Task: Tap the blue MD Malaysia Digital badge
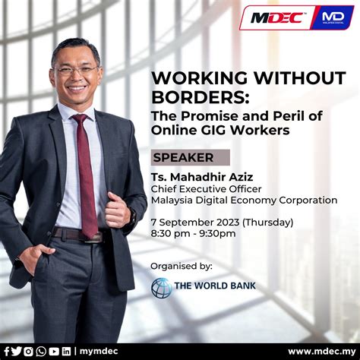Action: tap(332, 17)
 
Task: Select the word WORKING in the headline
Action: tap(190, 77)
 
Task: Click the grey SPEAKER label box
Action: tap(191, 158)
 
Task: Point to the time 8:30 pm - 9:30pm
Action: tap(194, 233)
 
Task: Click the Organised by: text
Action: tap(182, 266)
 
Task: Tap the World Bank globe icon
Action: tap(162, 288)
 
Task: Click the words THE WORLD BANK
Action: tap(216, 287)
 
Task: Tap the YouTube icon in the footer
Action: tap(54, 351)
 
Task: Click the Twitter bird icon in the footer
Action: tap(17, 351)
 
